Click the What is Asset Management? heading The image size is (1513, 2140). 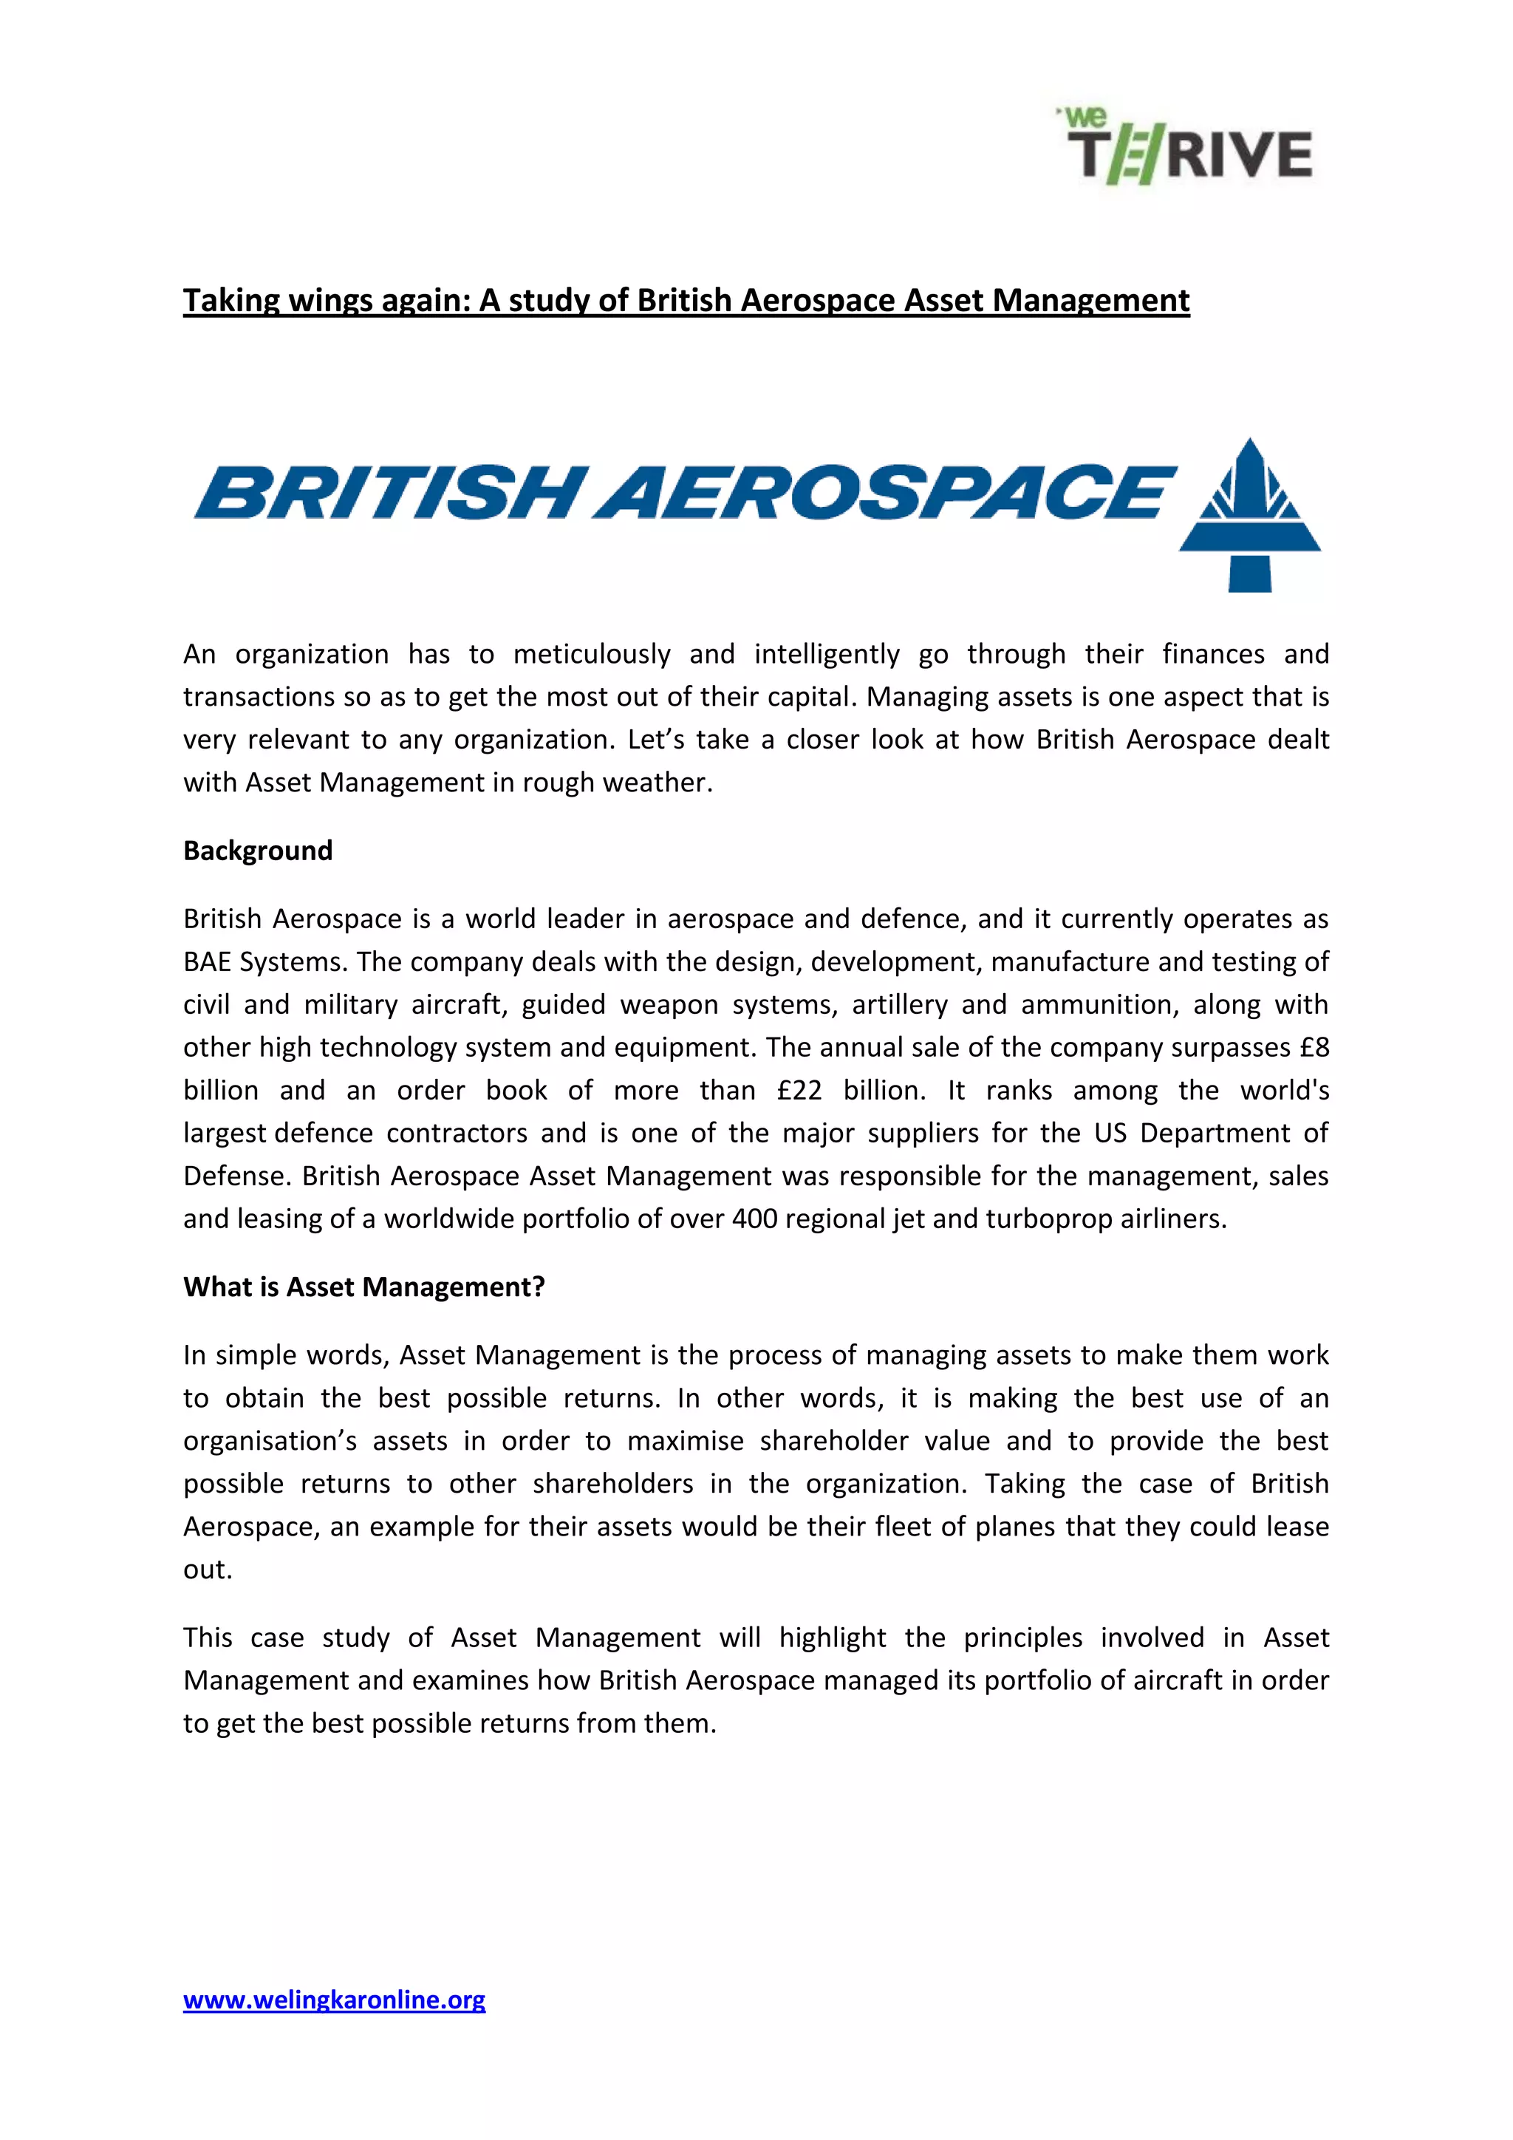(363, 1287)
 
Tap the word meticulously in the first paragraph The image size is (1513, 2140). (591, 653)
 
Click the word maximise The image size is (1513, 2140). (685, 1440)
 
